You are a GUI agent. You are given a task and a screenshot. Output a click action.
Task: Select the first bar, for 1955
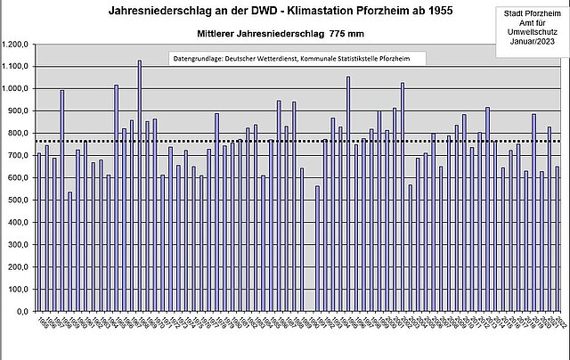coord(39,233)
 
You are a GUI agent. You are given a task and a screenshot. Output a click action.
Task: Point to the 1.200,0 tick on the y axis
coord(15,45)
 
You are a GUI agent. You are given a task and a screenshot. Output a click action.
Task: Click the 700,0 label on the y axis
coord(19,156)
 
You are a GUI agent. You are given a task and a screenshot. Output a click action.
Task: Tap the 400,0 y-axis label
coord(19,223)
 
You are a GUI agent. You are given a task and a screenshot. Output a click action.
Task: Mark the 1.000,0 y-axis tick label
coord(15,89)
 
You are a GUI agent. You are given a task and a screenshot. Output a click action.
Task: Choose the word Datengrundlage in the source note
coord(199,58)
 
